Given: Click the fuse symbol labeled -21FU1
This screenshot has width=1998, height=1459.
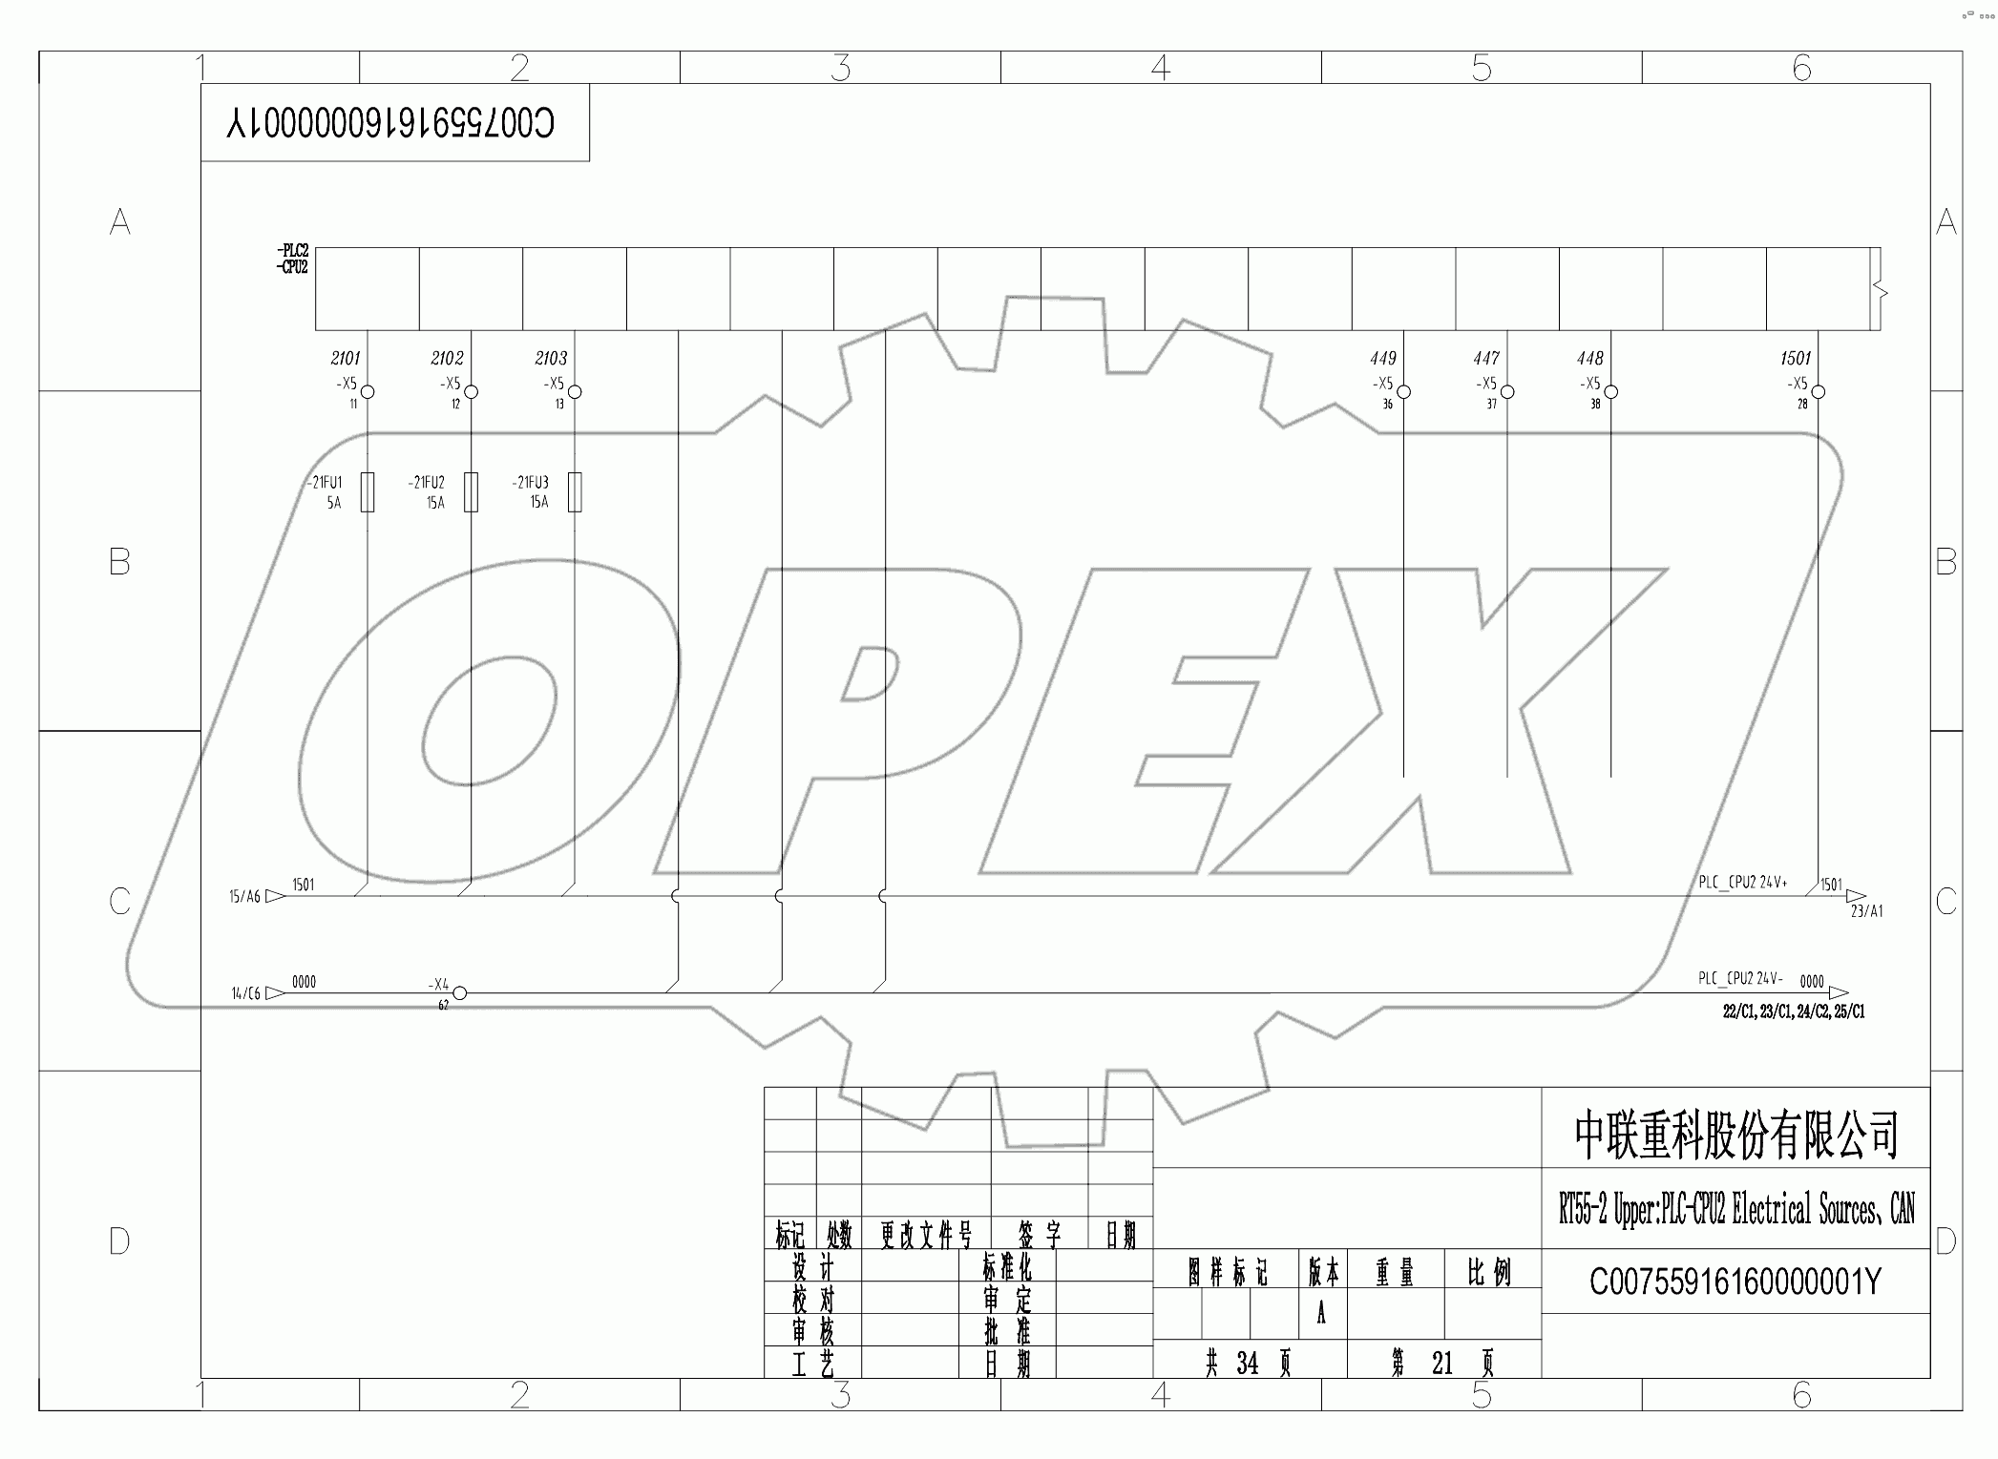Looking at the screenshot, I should [x=368, y=491].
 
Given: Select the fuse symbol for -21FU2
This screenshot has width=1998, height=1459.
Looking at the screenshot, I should [x=471, y=491].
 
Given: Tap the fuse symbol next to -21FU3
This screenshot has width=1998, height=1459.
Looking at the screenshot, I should [x=575, y=491].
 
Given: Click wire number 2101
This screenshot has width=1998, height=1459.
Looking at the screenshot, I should [x=346, y=358].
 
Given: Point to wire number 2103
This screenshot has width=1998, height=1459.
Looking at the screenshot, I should [x=551, y=358].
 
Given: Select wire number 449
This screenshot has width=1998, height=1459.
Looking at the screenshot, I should [x=1382, y=358].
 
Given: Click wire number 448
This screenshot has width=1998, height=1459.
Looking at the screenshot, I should [x=1589, y=358].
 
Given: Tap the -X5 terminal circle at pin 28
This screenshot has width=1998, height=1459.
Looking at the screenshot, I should [x=1819, y=392].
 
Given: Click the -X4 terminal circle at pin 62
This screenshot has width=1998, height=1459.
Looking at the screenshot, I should [x=459, y=993].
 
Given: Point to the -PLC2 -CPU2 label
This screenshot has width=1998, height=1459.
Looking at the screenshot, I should [x=293, y=260].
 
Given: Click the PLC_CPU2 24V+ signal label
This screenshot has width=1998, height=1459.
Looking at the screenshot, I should [x=1742, y=883].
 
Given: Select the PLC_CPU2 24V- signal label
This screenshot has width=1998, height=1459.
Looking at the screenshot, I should [x=1740, y=979].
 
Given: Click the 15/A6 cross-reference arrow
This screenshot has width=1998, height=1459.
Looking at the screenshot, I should [x=275, y=896].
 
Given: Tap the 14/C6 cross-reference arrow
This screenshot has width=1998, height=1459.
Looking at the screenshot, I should [x=275, y=993].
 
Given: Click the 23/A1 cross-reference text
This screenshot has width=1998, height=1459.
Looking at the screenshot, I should [x=1866, y=911].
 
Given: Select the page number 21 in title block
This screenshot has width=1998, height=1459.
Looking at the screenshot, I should [x=1441, y=1364].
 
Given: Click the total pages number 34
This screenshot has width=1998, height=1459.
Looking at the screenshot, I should [x=1247, y=1364].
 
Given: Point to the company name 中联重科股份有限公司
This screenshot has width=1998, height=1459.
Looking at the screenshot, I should [x=1735, y=1135].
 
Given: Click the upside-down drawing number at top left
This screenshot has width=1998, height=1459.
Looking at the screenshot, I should [x=390, y=122].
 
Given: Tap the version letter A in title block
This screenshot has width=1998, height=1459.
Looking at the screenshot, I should [x=1321, y=1315].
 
